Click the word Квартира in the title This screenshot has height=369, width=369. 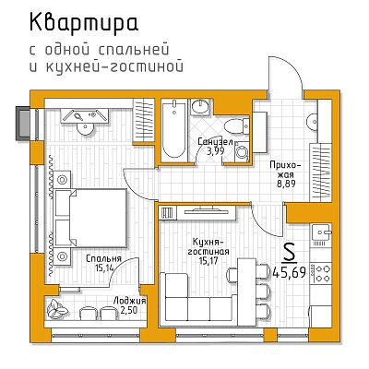click(84, 22)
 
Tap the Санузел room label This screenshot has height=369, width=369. click(215, 142)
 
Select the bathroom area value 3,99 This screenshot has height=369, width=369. click(215, 150)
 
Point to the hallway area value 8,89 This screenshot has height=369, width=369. click(286, 184)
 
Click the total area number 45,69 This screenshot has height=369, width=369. click(290, 272)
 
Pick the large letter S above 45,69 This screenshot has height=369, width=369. click(289, 252)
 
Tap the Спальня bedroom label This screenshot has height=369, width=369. click(103, 258)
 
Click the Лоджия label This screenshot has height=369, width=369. click(129, 301)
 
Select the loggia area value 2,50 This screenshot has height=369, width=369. click(129, 310)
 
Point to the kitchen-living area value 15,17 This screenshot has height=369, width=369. click(208, 261)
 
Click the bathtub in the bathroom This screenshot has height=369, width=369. click(173, 130)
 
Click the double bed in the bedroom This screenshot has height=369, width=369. click(91, 218)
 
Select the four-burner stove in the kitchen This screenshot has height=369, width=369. click(321, 273)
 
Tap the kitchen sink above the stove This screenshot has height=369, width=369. click(322, 232)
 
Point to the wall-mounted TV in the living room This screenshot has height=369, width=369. click(206, 210)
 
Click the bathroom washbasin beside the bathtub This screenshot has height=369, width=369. click(200, 107)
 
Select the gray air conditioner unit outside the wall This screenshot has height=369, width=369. click(24, 124)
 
